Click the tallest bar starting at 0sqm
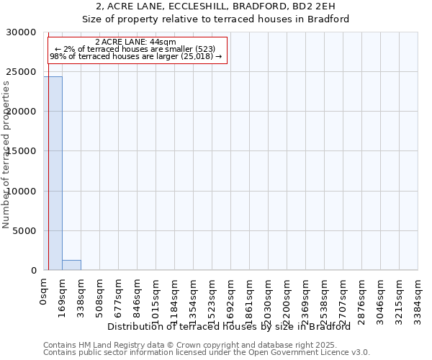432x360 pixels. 53,173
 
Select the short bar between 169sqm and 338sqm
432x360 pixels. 71,265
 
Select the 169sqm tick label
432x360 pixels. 63,296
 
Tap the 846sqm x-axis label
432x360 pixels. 138,296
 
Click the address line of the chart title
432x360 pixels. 215,6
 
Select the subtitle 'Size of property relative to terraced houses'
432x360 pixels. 215,19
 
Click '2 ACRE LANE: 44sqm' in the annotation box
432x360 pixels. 135,42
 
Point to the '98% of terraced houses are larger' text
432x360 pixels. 135,56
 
